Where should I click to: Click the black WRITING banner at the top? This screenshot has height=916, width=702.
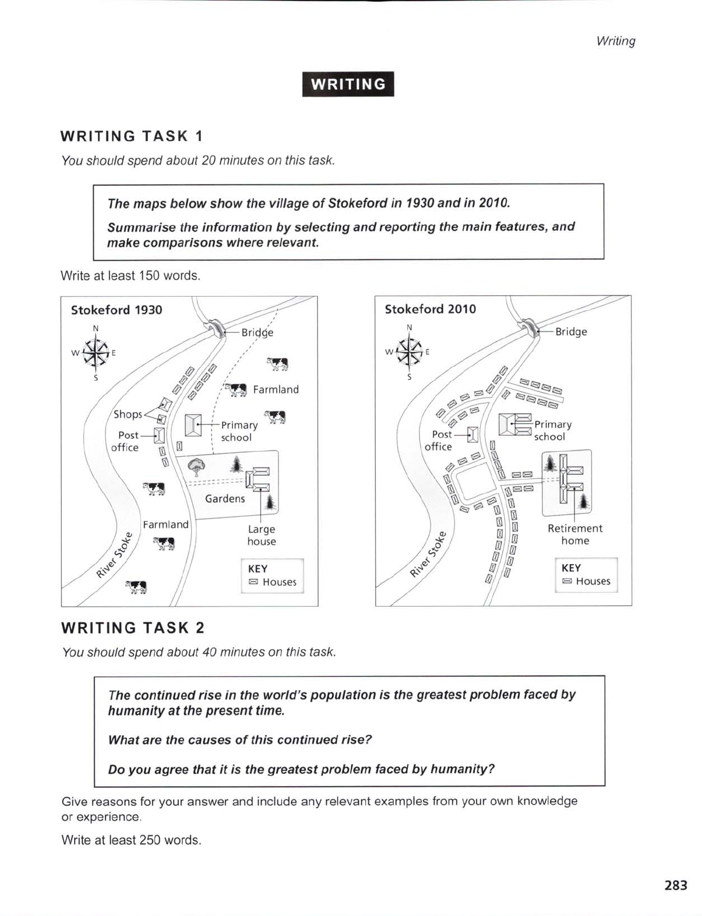[348, 84]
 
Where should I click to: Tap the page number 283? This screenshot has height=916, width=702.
[675, 885]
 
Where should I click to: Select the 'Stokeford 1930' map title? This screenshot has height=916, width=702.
[117, 310]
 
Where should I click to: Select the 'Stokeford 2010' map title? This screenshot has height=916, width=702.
[430, 309]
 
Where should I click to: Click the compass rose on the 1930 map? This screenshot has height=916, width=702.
[96, 353]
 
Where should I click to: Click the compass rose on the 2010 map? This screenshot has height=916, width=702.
[410, 352]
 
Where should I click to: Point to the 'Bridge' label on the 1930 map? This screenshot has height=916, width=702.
[257, 333]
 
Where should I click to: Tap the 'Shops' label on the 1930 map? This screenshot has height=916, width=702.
[128, 414]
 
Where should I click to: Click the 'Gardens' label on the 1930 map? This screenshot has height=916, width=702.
[225, 499]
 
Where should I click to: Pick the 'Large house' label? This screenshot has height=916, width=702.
[262, 535]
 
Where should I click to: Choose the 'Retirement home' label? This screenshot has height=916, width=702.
[575, 534]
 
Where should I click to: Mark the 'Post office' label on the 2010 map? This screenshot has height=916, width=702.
[438, 441]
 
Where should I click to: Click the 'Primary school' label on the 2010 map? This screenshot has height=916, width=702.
[552, 431]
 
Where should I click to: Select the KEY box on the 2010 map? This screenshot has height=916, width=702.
[585, 575]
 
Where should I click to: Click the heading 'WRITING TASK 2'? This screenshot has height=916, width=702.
[133, 628]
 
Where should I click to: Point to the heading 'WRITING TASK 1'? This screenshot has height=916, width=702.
[132, 136]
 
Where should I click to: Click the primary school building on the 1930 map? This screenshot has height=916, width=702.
[193, 425]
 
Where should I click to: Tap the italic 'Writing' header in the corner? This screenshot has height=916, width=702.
[615, 41]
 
